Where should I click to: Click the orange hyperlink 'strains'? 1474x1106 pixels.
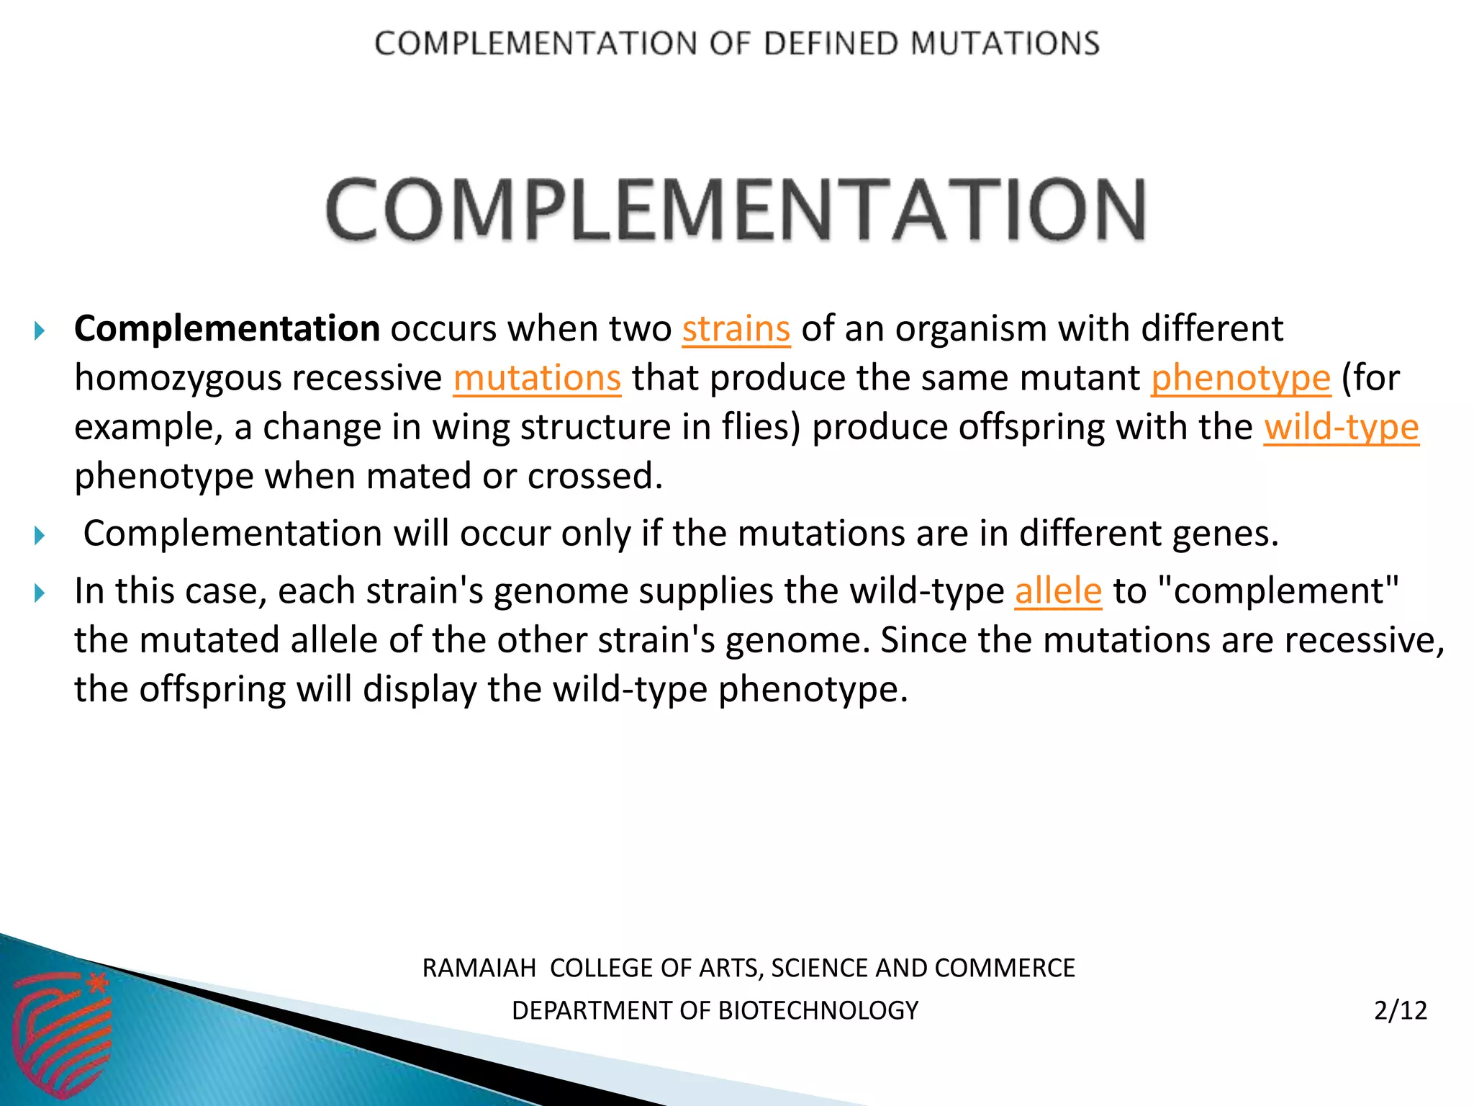[736, 329]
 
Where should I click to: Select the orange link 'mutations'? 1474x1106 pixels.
[537, 378]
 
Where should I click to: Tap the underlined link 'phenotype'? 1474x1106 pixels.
[1241, 378]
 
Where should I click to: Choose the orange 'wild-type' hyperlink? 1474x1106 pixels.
[1342, 427]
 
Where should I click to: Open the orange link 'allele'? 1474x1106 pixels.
[1058, 591]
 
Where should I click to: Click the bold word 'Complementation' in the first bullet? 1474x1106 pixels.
[227, 329]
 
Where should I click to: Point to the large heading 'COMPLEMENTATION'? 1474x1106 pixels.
[736, 210]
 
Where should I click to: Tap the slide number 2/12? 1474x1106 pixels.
[1400, 1010]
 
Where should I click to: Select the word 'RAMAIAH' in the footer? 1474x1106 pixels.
[479, 968]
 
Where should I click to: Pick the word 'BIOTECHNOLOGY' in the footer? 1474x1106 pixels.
[818, 1011]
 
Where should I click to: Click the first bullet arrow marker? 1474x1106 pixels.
[40, 331]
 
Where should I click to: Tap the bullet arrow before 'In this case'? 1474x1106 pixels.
[40, 593]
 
